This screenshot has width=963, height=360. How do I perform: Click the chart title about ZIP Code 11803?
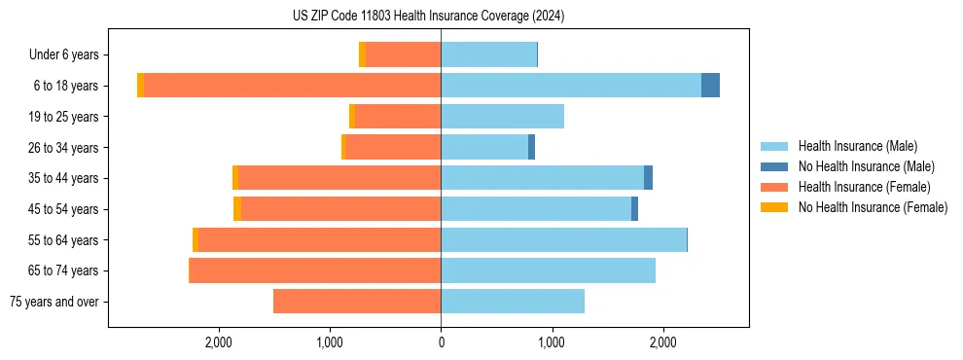428,17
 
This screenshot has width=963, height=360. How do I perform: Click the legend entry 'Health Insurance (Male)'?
857,146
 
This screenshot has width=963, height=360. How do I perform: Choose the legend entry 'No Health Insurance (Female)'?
873,207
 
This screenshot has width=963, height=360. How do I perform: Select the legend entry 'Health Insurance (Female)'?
864,187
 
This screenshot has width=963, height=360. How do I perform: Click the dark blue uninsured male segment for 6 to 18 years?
710,86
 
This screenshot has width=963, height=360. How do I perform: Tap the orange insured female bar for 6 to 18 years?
292,86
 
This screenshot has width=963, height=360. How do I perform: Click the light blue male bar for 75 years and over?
513,302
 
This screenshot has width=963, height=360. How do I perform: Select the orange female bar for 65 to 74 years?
314,270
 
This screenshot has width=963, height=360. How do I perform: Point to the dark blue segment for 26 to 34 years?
531,147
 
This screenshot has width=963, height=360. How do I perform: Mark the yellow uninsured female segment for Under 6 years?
362,54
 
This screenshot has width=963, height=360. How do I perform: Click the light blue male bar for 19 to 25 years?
502,117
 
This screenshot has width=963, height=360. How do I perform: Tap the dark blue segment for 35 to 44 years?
648,178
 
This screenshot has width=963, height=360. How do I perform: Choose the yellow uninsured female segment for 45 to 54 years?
237,209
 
